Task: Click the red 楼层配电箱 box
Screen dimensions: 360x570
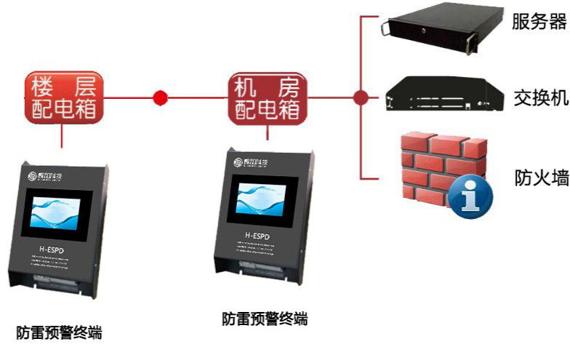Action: (x=64, y=95)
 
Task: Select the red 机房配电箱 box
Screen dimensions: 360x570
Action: (x=268, y=95)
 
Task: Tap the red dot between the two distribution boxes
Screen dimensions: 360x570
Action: (x=161, y=97)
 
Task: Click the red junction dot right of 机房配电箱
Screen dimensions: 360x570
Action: (x=359, y=97)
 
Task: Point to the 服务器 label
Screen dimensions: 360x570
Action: (x=539, y=22)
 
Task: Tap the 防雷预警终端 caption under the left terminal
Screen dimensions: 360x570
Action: (x=59, y=334)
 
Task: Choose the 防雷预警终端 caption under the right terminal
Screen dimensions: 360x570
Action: (x=265, y=319)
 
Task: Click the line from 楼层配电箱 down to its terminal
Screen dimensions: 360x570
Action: (x=62, y=135)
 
